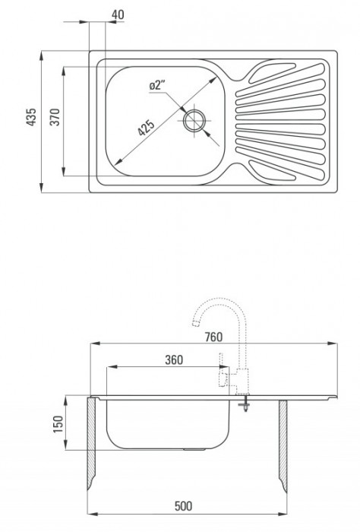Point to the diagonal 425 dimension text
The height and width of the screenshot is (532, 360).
click(146, 127)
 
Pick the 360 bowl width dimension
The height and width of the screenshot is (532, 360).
click(174, 360)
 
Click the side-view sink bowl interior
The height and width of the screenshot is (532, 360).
click(167, 422)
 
